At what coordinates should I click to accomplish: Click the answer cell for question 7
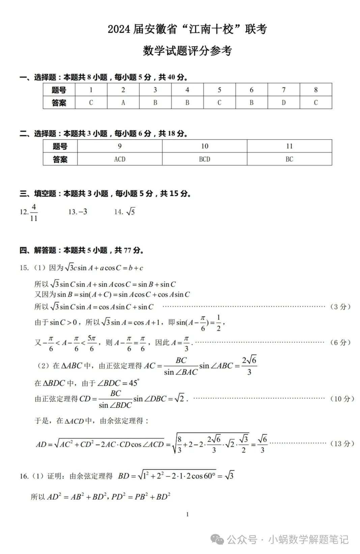pos(283,103)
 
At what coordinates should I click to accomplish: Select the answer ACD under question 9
pos(120,159)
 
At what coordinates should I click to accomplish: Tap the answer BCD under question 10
pos(204,159)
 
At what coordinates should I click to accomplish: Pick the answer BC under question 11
pos(289,159)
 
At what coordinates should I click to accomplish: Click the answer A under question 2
pos(123,103)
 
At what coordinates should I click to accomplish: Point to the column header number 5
pos(219,90)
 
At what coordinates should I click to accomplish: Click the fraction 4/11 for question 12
pos(34,212)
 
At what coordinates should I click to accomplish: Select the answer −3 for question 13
pos(83,212)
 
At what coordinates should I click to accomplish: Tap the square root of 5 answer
pos(131,212)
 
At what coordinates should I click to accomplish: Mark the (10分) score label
pos(342,399)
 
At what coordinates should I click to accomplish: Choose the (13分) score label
pos(342,444)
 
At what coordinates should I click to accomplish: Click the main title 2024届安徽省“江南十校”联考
pos(187,29)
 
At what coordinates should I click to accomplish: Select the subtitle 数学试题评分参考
pos(187,51)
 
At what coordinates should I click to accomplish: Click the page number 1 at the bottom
pos(187,514)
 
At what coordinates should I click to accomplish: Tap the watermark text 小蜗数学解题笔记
pos(308,540)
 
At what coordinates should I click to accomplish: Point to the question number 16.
pos(24,476)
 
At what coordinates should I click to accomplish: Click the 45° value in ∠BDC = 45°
pos(134,383)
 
